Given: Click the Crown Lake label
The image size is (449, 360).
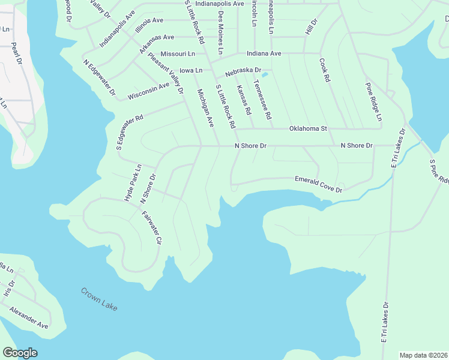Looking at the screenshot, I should click(100, 299).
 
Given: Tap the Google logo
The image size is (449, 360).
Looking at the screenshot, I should click(20, 353).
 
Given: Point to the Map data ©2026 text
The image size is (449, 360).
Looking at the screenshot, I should click(423, 355).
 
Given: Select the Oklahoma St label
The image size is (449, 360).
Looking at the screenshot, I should click(307, 128).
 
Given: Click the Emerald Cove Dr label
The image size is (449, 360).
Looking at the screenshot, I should click(318, 184).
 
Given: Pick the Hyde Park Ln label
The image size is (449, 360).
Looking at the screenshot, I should click(132, 182).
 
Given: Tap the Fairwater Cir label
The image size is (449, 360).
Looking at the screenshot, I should click(152, 228).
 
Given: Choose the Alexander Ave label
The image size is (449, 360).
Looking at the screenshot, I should click(28, 317).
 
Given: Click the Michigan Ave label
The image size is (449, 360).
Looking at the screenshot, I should click(206, 109).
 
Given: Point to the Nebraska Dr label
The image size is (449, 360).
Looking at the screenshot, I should click(243, 72).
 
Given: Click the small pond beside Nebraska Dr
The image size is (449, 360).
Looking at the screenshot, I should click(264, 75).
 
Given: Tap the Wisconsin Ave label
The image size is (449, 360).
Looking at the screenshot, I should click(148, 92).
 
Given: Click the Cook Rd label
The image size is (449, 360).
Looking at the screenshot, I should click(325, 70).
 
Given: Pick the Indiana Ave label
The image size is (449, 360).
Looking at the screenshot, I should click(264, 53).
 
